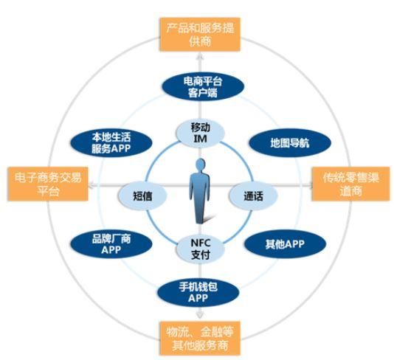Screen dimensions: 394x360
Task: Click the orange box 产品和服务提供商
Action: point(200,35)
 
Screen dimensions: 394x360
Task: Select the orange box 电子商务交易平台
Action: point(48,184)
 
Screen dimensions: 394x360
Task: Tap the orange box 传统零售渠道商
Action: point(350,184)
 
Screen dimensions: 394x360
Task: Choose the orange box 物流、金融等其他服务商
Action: point(200,338)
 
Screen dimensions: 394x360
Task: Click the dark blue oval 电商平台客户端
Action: point(203,86)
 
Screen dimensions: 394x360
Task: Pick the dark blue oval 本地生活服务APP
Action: point(111,142)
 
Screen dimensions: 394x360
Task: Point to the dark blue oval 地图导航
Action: point(290,142)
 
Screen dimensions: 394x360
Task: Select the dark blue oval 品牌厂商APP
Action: point(111,244)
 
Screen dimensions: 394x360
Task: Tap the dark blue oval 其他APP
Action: point(285,244)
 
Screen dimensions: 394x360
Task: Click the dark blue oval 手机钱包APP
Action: point(198,292)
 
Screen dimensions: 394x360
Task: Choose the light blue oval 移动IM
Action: point(200,133)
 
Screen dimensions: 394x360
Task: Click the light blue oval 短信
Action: point(142,195)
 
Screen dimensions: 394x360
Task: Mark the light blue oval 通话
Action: point(253,195)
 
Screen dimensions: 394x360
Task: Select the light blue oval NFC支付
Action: point(200,249)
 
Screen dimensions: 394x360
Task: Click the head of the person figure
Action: point(200,165)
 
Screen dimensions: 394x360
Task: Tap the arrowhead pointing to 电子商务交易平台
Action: point(92,186)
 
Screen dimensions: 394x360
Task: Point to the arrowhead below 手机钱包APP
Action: point(199,315)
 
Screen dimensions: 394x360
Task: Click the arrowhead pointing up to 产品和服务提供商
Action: point(200,55)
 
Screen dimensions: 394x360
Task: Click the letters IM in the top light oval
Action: point(200,139)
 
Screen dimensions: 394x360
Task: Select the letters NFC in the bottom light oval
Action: point(201,243)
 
